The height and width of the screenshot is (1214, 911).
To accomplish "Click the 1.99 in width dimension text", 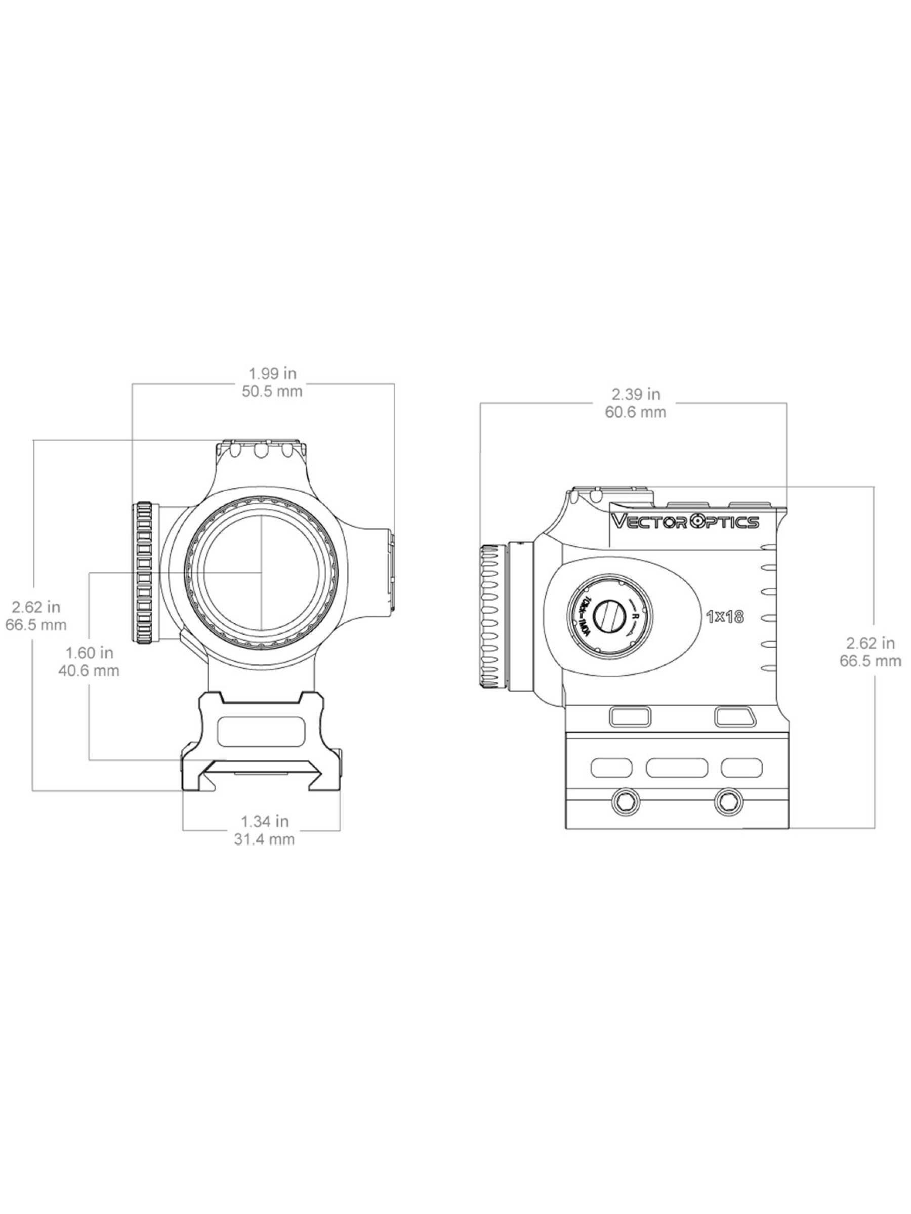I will (x=272, y=374).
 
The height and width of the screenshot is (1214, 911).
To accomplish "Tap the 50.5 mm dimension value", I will (x=272, y=392).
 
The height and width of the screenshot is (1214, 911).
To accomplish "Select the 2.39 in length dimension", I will (x=635, y=394).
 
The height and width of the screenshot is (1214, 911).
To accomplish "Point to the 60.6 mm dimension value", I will (x=635, y=412).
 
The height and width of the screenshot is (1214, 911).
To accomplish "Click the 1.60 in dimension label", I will (x=89, y=653).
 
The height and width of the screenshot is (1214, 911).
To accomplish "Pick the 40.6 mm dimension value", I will (x=89, y=670).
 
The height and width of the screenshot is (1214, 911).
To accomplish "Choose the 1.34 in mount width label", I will (x=264, y=821).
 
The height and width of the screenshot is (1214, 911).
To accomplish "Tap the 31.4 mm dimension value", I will (x=264, y=839).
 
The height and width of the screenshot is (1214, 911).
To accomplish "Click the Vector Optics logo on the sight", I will (x=685, y=522).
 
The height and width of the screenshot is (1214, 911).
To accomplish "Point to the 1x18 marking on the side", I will (x=725, y=617).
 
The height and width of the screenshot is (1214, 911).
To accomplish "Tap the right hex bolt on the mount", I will (x=729, y=802).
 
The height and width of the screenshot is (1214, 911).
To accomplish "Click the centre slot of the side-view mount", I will (x=677, y=768).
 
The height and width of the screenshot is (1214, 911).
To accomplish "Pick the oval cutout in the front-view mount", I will (x=261, y=731).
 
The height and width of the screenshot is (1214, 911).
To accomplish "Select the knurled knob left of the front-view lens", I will (x=144, y=573).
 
